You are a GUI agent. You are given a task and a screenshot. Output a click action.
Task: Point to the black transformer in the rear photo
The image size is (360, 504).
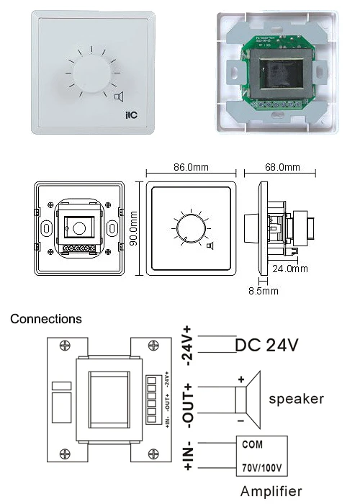point(280,77)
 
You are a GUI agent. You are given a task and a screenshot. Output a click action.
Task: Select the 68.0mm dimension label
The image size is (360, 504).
point(279,167)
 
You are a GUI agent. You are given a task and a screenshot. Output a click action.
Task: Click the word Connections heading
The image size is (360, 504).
point(46,318)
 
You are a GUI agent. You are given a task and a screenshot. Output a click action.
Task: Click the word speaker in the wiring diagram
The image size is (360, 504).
point(296,398)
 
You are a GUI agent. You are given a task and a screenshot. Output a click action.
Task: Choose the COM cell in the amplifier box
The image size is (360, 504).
point(252,444)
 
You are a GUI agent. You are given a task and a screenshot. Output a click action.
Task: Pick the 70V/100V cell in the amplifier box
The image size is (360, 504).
point(261,467)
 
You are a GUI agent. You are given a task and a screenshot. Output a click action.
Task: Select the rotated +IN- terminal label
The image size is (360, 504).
point(191,456)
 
